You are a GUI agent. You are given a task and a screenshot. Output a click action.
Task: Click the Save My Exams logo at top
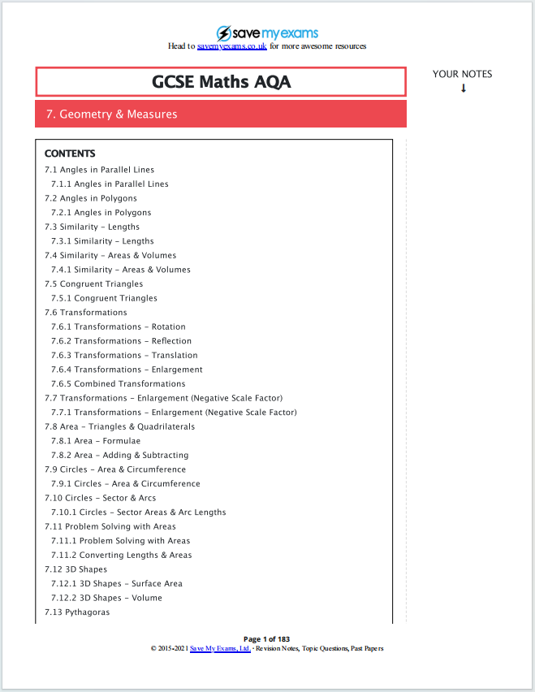click(267, 33)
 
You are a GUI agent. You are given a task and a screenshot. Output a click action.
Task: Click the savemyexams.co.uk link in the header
click(232, 46)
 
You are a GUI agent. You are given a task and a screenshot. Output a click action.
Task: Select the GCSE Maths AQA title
click(221, 82)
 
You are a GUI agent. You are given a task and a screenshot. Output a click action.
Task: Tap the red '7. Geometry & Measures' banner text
click(112, 115)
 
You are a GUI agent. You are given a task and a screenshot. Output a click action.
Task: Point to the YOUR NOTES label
click(462, 74)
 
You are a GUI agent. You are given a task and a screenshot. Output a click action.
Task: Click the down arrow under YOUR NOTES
click(464, 89)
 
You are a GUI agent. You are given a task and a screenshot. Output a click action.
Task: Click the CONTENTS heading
click(70, 154)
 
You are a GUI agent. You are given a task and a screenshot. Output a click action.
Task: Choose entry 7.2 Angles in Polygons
click(90, 198)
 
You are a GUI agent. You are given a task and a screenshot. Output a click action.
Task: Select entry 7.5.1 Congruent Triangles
click(104, 298)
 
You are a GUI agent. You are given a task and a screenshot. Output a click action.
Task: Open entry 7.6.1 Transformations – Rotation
click(119, 327)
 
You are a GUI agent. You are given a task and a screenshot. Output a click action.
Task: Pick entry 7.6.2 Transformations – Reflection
click(121, 341)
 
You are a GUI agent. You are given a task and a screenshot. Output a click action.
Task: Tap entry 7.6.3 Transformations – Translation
click(124, 355)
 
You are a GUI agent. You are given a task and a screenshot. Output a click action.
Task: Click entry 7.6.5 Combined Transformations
click(118, 383)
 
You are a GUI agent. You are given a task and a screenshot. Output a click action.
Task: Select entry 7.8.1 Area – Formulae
click(96, 441)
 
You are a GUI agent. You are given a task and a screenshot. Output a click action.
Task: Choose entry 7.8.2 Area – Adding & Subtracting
click(119, 455)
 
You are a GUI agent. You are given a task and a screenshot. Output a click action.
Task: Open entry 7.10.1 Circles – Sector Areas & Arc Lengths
click(139, 513)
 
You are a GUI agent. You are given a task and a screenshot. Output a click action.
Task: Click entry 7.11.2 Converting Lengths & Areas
click(122, 555)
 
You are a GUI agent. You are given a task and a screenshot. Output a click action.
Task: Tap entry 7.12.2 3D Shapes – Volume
click(106, 598)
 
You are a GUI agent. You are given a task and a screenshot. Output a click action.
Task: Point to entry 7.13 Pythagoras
click(77, 612)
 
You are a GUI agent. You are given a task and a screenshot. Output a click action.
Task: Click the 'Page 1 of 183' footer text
click(267, 639)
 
